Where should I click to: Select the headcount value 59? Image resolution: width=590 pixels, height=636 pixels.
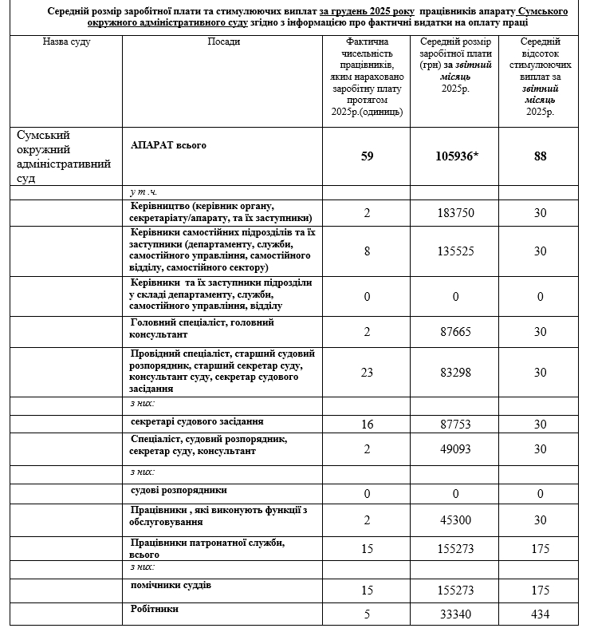tap(367, 156)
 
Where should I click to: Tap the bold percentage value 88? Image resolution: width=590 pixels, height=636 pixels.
tap(541, 156)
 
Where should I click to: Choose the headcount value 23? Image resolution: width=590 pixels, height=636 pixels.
tap(367, 373)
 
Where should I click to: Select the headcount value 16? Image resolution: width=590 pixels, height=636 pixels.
tap(367, 425)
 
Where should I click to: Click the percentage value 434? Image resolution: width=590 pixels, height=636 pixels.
tap(541, 614)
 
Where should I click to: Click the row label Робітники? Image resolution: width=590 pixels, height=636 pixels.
tap(155, 609)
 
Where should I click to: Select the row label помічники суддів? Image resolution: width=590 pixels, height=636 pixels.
tap(171, 586)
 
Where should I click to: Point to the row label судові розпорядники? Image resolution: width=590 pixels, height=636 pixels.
tap(179, 489)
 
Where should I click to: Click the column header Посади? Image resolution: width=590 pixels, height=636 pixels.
tap(222, 41)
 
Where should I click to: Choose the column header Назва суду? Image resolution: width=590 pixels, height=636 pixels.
tap(66, 41)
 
